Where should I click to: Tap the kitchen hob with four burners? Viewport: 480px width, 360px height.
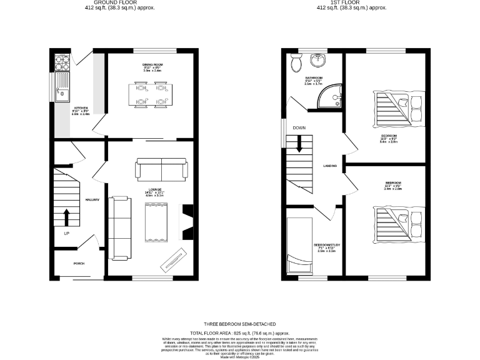(x=63, y=62)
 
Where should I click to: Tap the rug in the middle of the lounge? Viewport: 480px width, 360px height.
(x=154, y=224)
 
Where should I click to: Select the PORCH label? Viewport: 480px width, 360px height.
(x=79, y=263)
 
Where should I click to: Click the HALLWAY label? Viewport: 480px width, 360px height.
(x=93, y=199)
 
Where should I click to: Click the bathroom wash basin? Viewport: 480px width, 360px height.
(x=319, y=61)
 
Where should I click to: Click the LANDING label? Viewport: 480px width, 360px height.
(x=330, y=166)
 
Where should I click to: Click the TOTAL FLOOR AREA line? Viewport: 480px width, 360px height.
(x=240, y=334)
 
